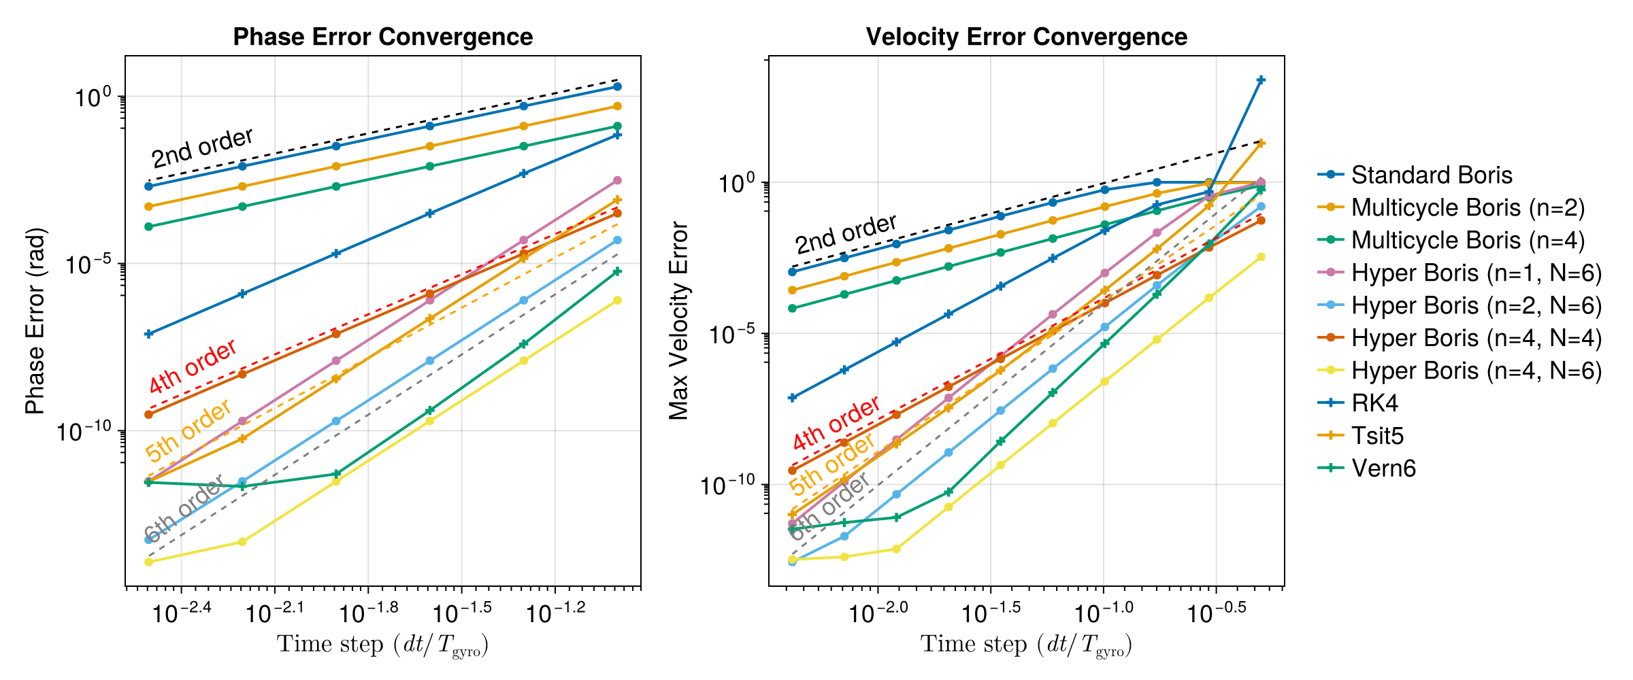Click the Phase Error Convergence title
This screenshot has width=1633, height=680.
382,37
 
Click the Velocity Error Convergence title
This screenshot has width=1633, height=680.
1026,37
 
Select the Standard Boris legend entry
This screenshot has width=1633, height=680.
1431,175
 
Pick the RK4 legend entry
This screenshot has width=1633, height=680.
1374,403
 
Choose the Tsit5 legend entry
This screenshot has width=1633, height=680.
1377,436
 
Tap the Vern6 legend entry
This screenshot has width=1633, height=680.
1383,469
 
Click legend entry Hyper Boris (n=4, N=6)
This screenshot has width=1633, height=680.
1476,371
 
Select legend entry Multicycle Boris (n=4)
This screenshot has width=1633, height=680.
1468,240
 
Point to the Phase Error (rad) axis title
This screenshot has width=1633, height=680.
35,320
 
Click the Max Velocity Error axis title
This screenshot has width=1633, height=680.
678,320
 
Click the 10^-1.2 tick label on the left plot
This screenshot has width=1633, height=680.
555,612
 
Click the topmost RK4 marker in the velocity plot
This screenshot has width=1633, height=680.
1261,80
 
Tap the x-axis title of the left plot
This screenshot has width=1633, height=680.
382,644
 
